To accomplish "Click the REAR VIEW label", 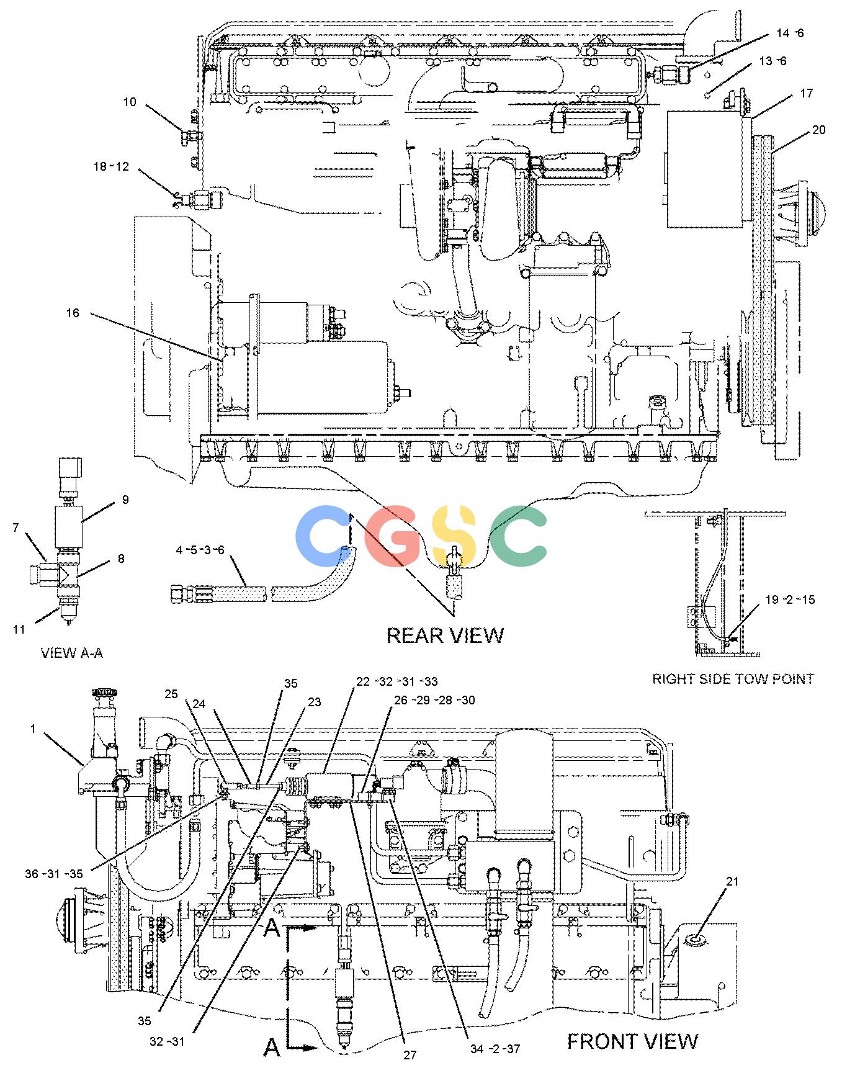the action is click(445, 635).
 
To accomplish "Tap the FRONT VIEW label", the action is click(632, 1041).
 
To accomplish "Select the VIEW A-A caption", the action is click(72, 653).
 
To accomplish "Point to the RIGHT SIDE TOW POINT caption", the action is click(733, 679).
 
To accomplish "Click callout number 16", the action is click(73, 313).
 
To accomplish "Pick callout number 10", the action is click(130, 101).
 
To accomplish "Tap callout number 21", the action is click(733, 881).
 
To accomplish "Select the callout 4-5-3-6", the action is click(200, 550).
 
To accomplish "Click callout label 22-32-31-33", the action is click(396, 681).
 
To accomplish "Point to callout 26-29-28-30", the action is click(434, 700).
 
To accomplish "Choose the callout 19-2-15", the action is click(790, 599).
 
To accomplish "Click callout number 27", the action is click(410, 1054).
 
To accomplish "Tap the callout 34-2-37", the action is click(495, 1049).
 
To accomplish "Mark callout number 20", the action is click(819, 130).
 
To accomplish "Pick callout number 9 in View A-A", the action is click(125, 500).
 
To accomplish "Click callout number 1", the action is click(33, 729).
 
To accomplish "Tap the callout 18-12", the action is click(111, 166).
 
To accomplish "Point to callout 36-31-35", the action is click(53, 874).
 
